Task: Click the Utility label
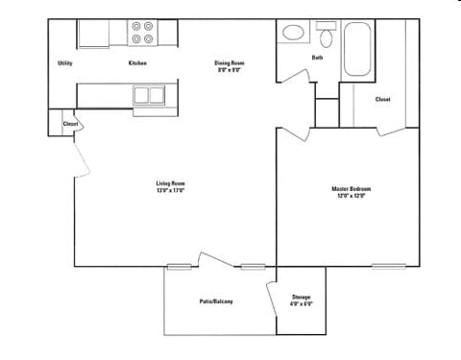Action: [x=65, y=63]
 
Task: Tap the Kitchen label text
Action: [x=137, y=63]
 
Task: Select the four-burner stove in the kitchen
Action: [x=143, y=34]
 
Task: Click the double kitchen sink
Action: [x=149, y=94]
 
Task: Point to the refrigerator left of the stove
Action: [x=93, y=33]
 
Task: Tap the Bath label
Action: [x=317, y=58]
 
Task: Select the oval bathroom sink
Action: [x=293, y=33]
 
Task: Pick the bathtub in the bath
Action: [x=356, y=47]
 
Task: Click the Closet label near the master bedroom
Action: [x=382, y=99]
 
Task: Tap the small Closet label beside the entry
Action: [x=70, y=124]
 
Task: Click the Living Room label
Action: [x=170, y=183]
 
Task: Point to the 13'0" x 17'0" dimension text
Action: [x=170, y=190]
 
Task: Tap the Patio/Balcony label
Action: [x=216, y=301]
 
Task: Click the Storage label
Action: [x=301, y=297]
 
